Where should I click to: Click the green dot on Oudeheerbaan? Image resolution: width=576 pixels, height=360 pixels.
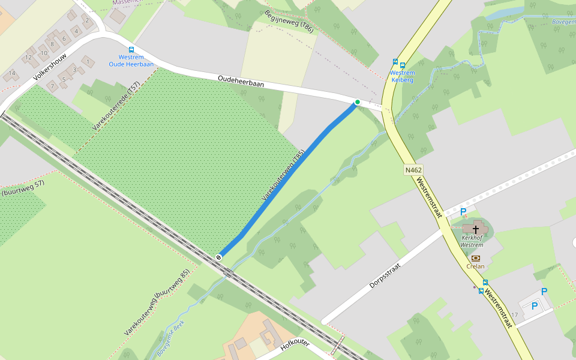pos(358,102)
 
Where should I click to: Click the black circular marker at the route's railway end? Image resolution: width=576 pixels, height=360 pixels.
pos(219,257)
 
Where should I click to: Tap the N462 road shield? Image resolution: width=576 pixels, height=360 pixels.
pos(413,170)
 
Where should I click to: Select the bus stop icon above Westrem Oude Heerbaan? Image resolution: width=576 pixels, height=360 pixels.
pos(131,50)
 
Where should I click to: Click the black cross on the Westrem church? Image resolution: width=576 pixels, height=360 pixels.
pos(476,228)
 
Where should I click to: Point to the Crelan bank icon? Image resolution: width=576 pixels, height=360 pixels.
pos(476,258)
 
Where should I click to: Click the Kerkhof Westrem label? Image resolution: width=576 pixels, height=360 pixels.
pos(472,241)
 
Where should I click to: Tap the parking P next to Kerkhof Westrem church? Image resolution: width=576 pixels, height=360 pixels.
pos(463,212)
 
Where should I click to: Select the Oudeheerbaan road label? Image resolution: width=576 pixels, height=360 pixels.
pos(241,82)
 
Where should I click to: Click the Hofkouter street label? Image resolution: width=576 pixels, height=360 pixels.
pos(294,347)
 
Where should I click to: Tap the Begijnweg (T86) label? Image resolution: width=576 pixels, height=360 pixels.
pos(289,21)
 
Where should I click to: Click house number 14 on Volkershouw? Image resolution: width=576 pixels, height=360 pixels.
pos(11,74)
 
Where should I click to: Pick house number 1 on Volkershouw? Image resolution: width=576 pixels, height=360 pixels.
pos(88,61)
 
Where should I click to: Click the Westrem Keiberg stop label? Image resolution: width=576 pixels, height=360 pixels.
pos(402,76)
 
